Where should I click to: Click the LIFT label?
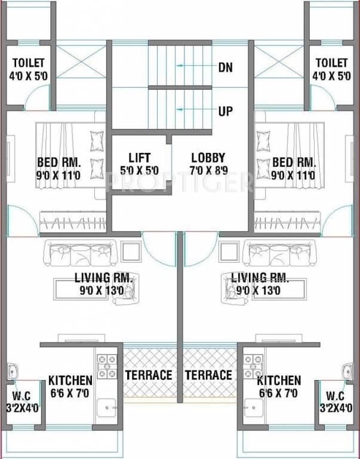(140, 158)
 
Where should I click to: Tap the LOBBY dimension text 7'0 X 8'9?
(208, 171)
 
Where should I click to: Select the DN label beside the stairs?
(226, 68)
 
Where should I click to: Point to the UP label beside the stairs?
(226, 111)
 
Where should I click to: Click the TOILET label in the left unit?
(29, 63)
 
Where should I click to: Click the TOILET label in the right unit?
(331, 63)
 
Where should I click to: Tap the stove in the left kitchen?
(107, 366)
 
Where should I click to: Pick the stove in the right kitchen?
(253, 366)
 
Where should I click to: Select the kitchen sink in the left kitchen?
(106, 408)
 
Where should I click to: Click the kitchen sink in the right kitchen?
(254, 408)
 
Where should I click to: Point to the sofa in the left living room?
(80, 253)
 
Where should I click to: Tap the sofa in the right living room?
(280, 253)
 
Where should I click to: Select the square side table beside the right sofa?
(229, 252)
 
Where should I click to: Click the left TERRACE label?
(149, 375)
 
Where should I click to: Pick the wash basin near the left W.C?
(13, 372)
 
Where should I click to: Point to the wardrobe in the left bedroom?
(73, 222)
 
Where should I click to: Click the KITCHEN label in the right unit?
(279, 381)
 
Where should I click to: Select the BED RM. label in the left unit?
(59, 162)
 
